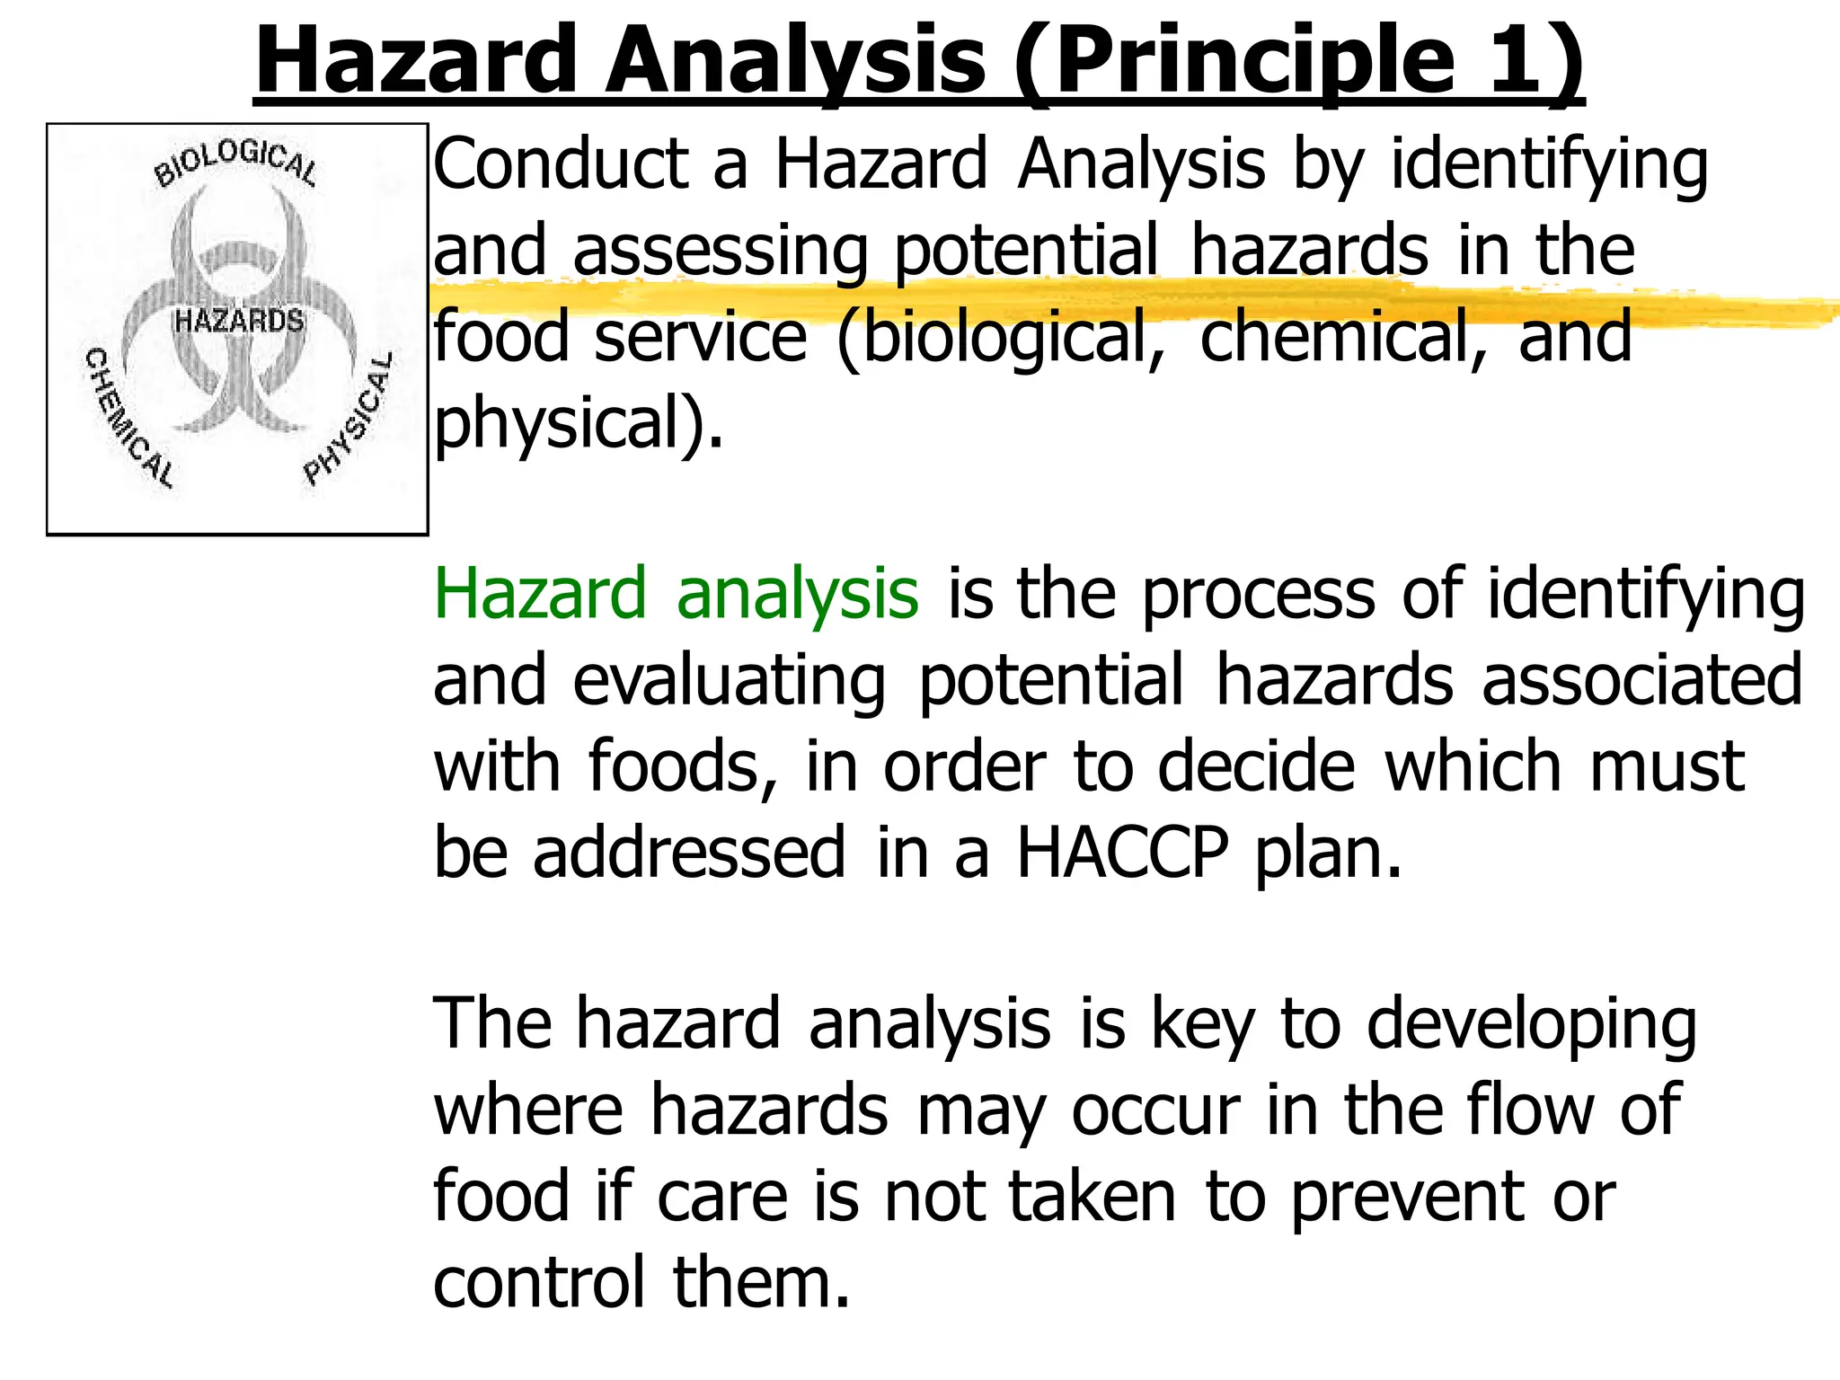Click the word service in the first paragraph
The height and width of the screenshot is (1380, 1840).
tap(701, 336)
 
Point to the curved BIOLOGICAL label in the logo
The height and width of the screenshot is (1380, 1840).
tap(235, 163)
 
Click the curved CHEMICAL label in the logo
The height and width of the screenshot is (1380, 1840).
tap(128, 419)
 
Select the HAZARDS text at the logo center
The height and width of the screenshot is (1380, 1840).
tap(239, 320)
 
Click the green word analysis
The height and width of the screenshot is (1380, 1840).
tap(798, 594)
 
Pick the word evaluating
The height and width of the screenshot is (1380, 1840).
tap(730, 680)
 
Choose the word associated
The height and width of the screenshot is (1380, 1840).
tap(1642, 680)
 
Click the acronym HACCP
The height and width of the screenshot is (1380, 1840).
tap(1121, 853)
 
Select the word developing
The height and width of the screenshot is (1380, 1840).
tap(1531, 1025)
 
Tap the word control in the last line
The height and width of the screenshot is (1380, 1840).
tap(539, 1283)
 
